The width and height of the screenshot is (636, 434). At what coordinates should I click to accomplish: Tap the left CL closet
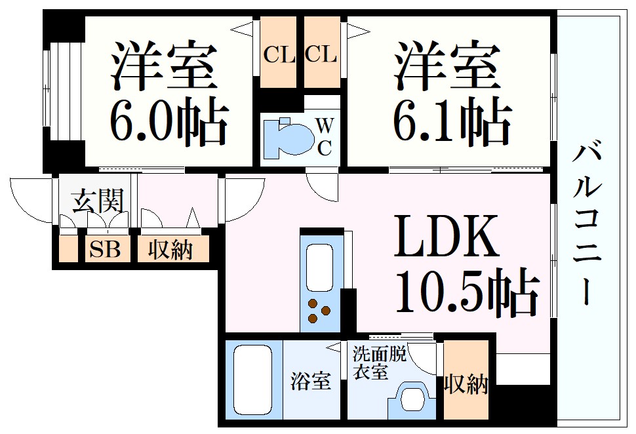[x=279, y=54]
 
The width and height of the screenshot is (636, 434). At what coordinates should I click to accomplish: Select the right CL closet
[x=321, y=54]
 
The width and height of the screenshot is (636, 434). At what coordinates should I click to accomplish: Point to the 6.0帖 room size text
[x=168, y=123]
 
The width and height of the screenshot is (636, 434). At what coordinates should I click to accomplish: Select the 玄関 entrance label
[x=97, y=201]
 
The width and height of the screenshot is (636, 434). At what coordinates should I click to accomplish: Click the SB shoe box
[x=105, y=250]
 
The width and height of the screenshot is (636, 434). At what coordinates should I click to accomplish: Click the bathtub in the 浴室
[x=253, y=380]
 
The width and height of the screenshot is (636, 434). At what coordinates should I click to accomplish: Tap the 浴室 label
[x=310, y=381]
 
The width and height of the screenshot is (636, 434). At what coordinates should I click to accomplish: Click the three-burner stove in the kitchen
[x=319, y=310]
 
